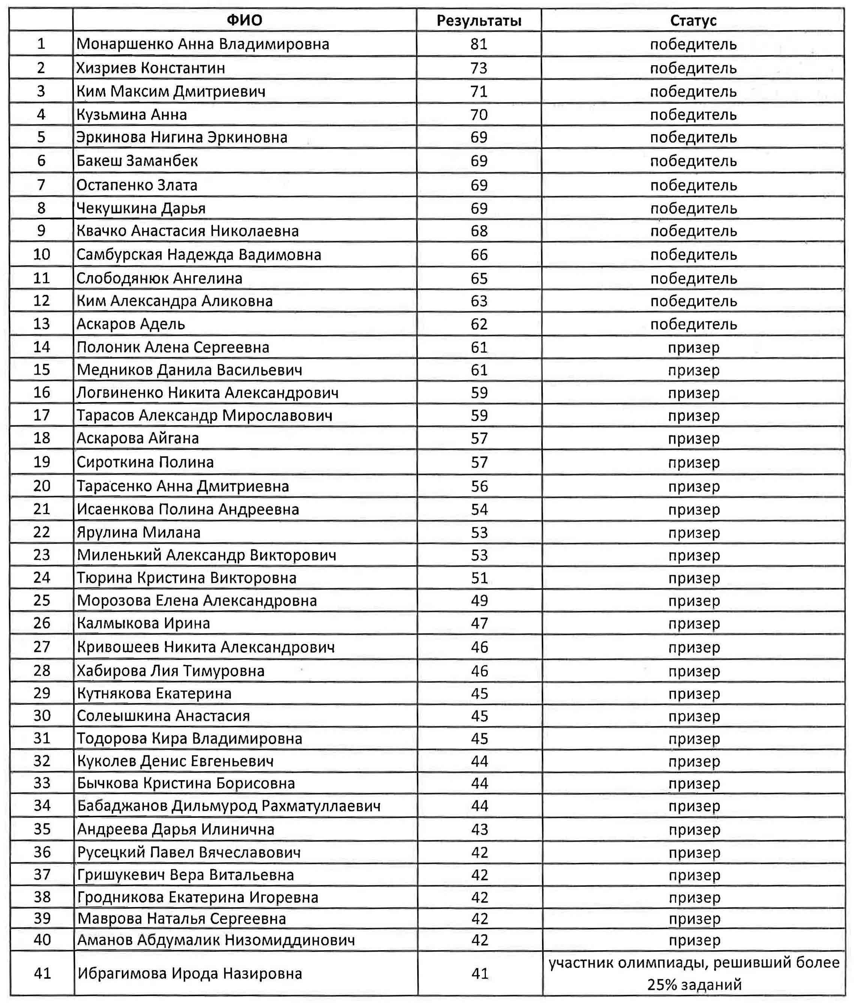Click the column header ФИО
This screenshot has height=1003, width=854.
244,20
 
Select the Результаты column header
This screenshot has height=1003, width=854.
479,21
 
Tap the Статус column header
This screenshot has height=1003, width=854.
693,21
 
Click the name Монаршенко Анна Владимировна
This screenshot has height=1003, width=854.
203,44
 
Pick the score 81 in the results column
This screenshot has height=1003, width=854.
479,44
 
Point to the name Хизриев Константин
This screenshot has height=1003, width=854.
151,68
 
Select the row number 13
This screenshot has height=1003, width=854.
42,324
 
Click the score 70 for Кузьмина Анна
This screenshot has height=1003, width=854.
479,115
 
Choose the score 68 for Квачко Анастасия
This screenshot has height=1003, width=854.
479,231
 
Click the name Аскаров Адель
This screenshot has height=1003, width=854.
131,324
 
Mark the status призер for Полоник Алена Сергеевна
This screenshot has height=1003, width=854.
693,347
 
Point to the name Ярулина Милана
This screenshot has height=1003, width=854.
138,532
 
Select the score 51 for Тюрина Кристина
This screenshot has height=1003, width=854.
479,578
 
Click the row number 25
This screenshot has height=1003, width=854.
42,601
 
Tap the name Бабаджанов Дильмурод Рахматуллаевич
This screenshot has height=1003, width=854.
229,806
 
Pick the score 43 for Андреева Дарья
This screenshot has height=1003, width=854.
479,829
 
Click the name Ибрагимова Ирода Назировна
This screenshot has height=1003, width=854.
190,973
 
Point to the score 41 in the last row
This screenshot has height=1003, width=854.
480,973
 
